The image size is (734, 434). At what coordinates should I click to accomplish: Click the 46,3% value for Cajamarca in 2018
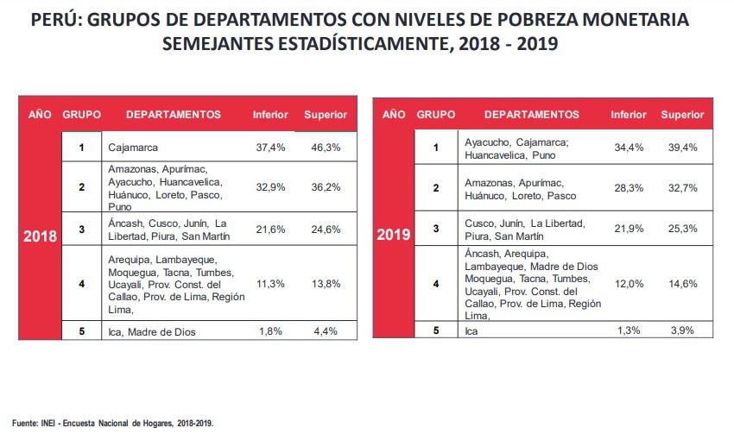tap(326, 148)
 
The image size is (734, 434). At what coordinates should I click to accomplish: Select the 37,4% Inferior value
tap(270, 148)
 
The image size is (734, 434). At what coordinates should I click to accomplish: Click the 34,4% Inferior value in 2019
tap(628, 148)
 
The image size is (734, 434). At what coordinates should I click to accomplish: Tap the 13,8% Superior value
tap(326, 282)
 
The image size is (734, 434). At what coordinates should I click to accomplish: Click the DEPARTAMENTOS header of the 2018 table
tap(174, 114)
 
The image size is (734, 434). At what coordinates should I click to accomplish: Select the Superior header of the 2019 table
tap(683, 115)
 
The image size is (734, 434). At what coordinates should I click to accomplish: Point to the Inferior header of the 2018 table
tap(270, 115)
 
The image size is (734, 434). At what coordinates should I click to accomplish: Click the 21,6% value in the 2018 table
tap(270, 229)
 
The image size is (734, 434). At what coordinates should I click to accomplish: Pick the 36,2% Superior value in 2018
tap(326, 186)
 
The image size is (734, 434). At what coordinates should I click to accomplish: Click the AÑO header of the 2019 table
tap(394, 114)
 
